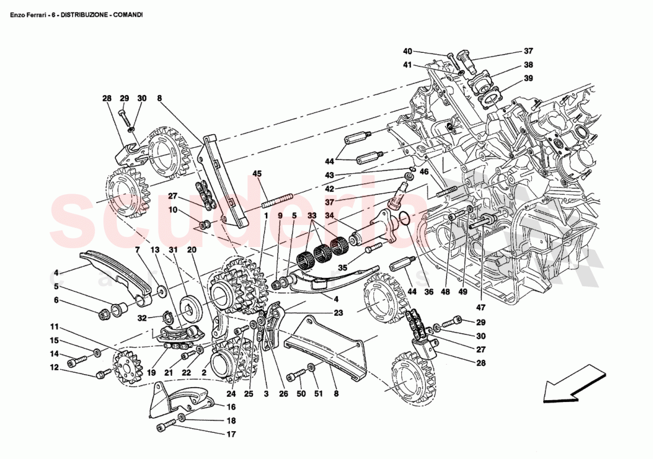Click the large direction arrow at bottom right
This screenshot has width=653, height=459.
pyautogui.click(x=568, y=384)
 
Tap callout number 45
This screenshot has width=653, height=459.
pyautogui.click(x=256, y=173)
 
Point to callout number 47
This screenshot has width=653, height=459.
pyautogui.click(x=480, y=308)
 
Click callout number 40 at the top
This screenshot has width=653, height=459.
pyautogui.click(x=407, y=51)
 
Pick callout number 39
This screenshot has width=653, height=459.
pyautogui.click(x=528, y=78)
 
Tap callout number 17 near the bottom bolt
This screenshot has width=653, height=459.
pyautogui.click(x=231, y=434)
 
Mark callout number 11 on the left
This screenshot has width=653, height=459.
pyautogui.click(x=54, y=327)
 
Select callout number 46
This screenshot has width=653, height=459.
pyautogui.click(x=424, y=172)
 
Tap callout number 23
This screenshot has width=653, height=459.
pyautogui.click(x=338, y=312)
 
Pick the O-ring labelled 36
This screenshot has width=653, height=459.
pyautogui.click(x=405, y=220)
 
